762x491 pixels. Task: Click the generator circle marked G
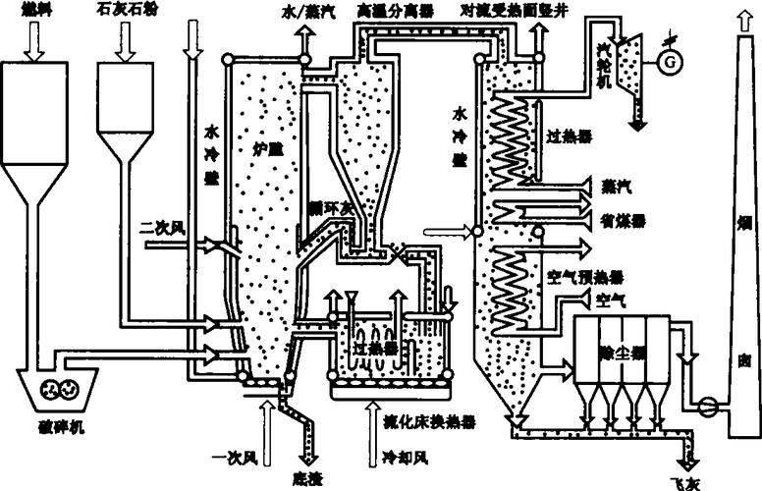coord(672,60)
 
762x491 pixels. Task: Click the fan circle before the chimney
coord(704,403)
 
